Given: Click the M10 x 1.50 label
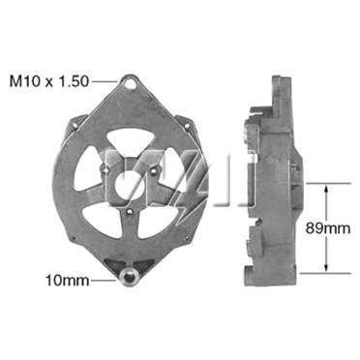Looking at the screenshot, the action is coord(48,81).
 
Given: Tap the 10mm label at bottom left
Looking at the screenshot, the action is coord(68,281).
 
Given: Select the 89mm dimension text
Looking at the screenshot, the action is coord(328,228).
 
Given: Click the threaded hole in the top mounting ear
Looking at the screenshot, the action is coord(130,82).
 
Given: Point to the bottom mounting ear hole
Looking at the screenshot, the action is coord(130,277).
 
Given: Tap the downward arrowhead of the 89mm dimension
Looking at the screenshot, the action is coord(326,267).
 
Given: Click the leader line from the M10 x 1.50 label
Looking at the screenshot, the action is coord(105,81).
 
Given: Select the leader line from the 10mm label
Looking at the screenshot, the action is coord(104,281).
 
